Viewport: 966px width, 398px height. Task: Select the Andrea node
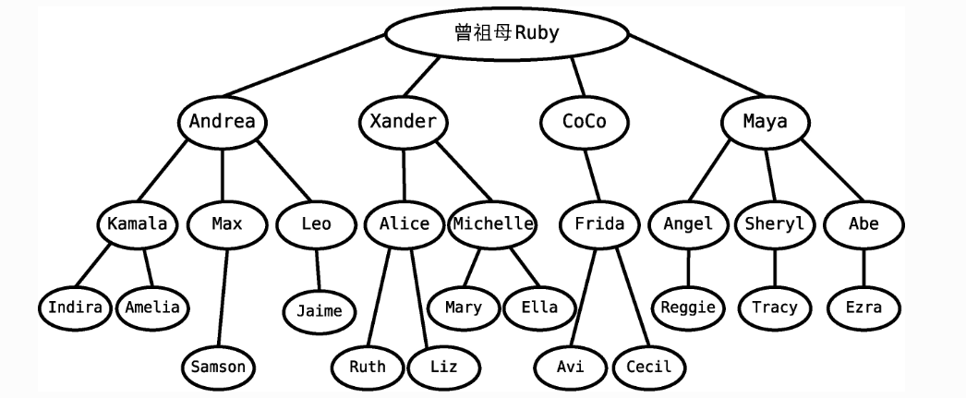[x=222, y=122]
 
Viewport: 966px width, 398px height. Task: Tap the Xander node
[x=403, y=122]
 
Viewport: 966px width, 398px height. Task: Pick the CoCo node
[x=584, y=122]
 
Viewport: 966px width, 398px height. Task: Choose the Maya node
[x=765, y=122]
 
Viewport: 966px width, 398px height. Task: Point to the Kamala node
[x=137, y=223]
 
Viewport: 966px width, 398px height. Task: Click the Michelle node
[x=493, y=223]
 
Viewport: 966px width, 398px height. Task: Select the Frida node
[x=599, y=223]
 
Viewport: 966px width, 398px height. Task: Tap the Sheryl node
[x=774, y=223]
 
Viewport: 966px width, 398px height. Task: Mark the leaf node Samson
[x=218, y=367]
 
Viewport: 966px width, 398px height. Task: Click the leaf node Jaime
[x=319, y=311]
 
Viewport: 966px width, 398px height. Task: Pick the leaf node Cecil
[x=648, y=367]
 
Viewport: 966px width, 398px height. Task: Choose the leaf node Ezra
[x=863, y=307]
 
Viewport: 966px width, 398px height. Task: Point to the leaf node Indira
[x=75, y=307]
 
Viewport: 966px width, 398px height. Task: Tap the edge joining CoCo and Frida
[x=592, y=173]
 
